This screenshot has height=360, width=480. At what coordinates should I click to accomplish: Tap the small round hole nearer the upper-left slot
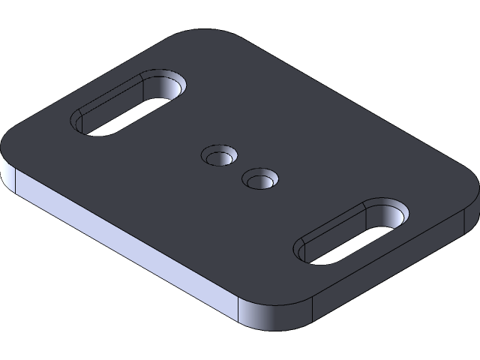(219, 157)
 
